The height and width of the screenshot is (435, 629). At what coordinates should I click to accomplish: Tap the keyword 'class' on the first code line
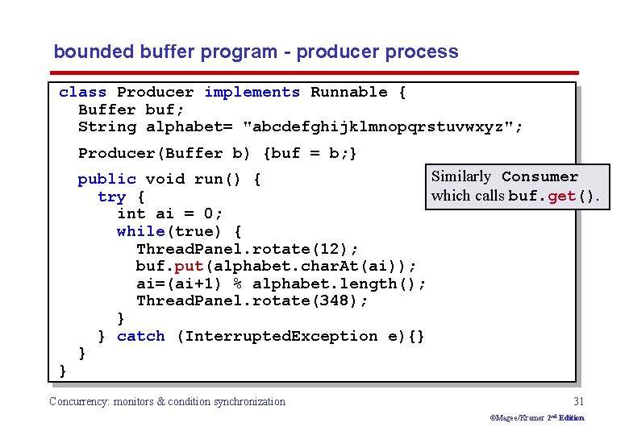82,93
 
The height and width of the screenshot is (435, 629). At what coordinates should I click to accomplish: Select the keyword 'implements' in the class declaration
252,93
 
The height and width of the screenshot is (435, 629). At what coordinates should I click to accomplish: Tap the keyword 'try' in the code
111,197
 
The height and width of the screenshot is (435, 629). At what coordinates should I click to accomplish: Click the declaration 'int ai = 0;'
169,213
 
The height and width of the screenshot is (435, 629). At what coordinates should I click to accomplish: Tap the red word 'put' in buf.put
189,266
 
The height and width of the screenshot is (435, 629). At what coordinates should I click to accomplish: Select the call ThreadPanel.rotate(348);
252,300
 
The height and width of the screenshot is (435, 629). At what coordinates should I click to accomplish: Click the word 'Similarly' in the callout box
460,176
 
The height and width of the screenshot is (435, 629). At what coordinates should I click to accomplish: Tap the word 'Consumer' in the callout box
539,177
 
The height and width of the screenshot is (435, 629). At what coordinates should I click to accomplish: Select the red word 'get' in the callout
561,196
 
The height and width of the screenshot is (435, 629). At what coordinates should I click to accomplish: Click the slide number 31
578,401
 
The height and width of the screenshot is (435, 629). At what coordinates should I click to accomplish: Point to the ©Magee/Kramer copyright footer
537,417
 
